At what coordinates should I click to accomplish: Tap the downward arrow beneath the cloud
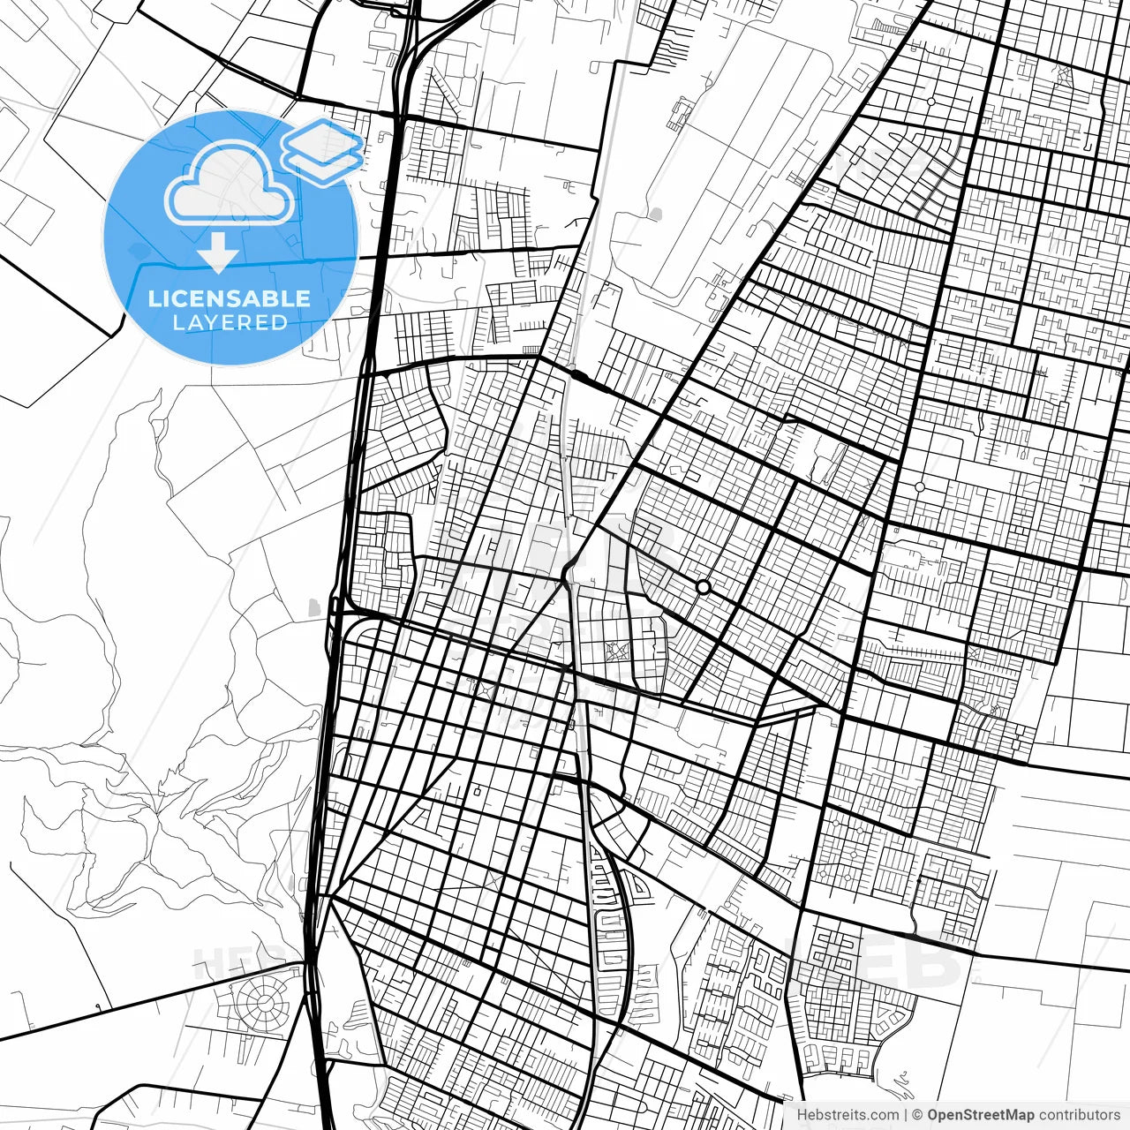[x=218, y=254]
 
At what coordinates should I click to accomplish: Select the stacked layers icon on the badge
[x=323, y=149]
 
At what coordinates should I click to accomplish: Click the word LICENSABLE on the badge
[x=230, y=298]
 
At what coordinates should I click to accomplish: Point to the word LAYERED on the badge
[x=230, y=323]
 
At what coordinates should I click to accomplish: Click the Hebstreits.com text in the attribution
[x=847, y=1115]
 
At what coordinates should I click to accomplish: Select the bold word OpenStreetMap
[x=980, y=1115]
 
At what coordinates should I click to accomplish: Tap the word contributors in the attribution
[x=1079, y=1115]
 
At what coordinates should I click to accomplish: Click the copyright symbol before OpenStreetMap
[x=918, y=1115]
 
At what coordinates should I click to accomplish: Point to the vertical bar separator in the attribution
[x=907, y=1115]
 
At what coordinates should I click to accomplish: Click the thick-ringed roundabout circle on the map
[x=703, y=586]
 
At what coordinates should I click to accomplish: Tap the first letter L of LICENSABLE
[x=154, y=298]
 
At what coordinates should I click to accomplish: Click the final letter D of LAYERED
[x=280, y=323]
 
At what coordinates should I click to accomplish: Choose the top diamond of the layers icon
[x=323, y=139]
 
